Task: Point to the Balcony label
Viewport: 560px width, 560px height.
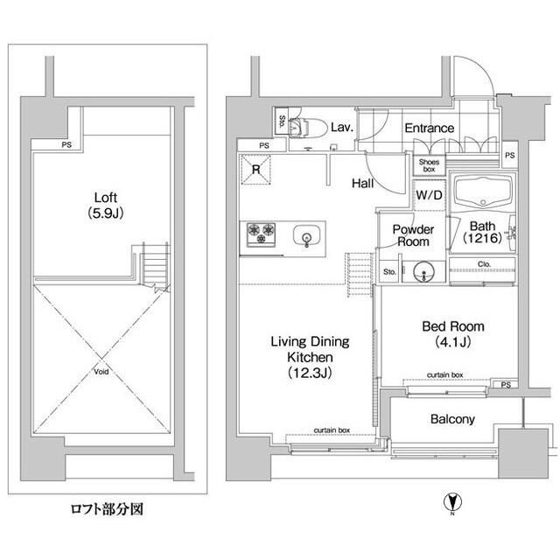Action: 452,419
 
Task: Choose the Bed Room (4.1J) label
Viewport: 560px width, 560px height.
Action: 452,333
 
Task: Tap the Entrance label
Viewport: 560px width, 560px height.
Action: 429,129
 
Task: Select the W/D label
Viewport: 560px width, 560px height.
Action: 429,194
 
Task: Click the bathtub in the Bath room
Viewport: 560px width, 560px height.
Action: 480,192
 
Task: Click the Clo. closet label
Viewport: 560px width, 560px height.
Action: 484,263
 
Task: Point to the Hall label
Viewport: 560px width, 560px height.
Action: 364,184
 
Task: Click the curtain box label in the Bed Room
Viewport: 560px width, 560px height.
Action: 444,374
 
